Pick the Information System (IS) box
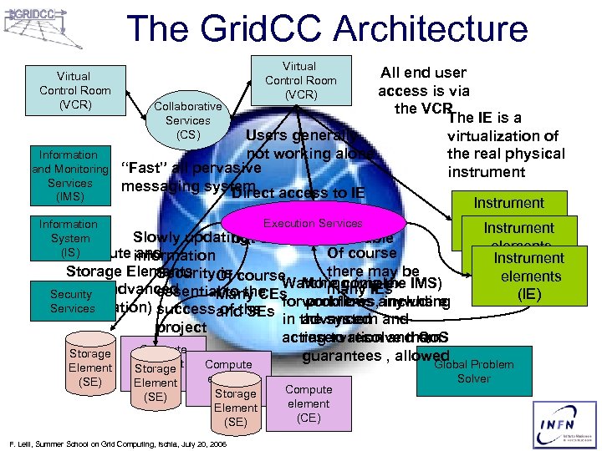[x=69, y=237]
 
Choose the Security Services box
[x=72, y=302]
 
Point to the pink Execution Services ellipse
[x=313, y=224]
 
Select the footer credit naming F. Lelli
[x=117, y=444]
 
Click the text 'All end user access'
[x=423, y=82]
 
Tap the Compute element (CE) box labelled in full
[x=309, y=403]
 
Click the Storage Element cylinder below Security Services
[x=89, y=367]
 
